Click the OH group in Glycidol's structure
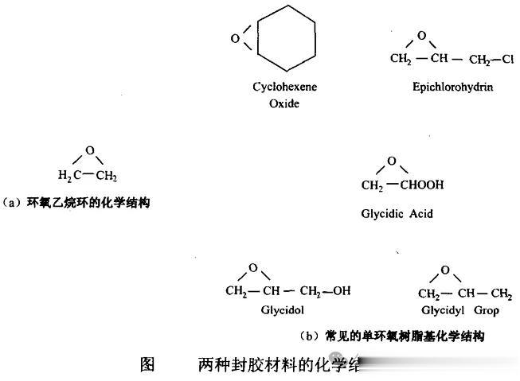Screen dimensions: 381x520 tap(341, 291)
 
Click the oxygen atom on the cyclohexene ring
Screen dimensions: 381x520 tap(235, 37)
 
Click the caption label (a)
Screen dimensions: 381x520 tap(13, 203)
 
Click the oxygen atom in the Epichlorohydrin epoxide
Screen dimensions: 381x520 tap(421, 35)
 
